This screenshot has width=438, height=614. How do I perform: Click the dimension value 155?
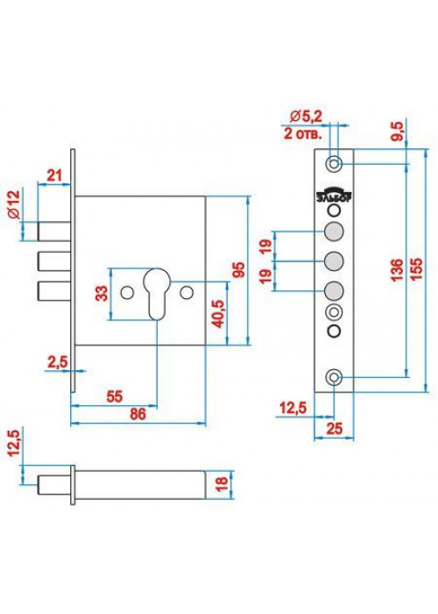point(417,268)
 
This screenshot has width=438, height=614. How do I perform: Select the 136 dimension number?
point(396,270)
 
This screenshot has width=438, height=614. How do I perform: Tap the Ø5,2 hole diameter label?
point(307,117)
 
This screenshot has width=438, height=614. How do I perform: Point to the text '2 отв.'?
point(303,134)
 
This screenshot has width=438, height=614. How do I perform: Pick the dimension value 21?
point(54,175)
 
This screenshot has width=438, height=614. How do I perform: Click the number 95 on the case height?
point(238,270)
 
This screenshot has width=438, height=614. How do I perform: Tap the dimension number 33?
point(102,294)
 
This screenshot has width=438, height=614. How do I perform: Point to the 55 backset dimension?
point(114,396)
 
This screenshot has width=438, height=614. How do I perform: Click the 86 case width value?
point(138,414)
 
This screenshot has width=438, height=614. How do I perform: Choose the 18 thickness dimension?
point(222,484)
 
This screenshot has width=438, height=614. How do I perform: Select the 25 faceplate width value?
point(334,428)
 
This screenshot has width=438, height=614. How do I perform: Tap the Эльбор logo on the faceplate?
point(334,196)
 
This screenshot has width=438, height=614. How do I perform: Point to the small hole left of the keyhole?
point(127,293)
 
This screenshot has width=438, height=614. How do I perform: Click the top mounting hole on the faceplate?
point(334,163)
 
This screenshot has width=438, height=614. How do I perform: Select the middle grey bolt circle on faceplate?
point(334,261)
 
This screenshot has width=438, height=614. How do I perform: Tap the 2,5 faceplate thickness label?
point(58,361)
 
